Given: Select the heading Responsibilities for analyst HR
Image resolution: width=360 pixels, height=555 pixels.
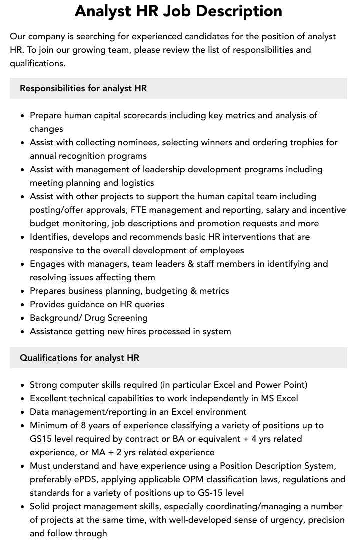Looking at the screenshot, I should tap(83, 88).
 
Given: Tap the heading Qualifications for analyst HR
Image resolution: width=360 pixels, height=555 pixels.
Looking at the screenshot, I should tap(79, 358).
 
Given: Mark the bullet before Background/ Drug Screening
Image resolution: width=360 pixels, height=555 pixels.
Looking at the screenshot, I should tap(23, 318).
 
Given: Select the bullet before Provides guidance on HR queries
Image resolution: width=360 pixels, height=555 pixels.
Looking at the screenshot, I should tap(23, 305).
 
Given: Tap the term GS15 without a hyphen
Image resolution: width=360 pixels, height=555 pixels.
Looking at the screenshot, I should tap(41, 439).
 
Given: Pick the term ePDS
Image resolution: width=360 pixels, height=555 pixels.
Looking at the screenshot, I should tap(85, 479).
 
